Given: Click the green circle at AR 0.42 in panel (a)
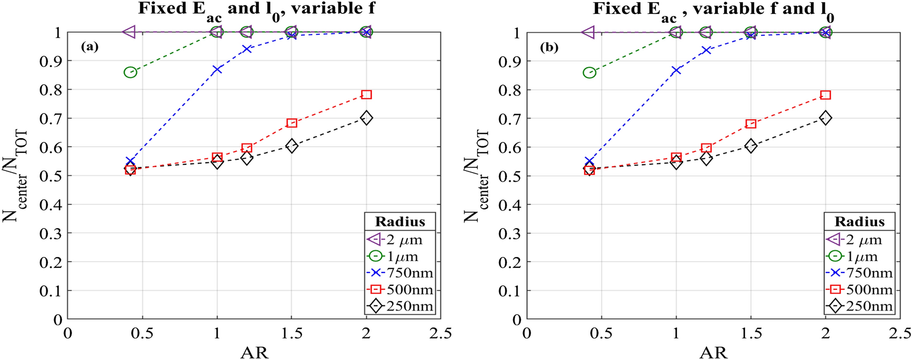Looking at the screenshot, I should [130, 72].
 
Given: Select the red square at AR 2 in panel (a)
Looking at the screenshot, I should [366, 94].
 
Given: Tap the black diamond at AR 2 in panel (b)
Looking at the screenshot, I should [825, 118].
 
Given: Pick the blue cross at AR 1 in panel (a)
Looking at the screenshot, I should [217, 69].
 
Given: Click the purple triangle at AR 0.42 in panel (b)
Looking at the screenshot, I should [588, 32].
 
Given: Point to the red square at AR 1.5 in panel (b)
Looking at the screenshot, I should [751, 124].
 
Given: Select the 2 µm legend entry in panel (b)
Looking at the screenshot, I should [859, 239].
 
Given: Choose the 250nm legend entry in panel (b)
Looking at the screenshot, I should [859, 306].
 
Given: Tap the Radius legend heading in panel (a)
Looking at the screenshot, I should [400, 221].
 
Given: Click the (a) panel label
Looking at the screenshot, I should [89, 47].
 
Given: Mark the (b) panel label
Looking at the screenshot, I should [549, 47].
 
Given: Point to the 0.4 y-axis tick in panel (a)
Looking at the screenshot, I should [50, 204].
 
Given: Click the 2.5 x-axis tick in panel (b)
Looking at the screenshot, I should [900, 333].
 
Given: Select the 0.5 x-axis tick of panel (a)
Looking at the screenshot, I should [142, 333].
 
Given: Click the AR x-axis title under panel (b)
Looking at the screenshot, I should [713, 352].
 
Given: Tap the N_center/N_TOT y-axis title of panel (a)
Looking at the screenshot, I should [15, 175].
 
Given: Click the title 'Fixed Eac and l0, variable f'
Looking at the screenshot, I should [257, 9].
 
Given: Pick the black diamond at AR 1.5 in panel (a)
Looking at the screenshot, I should [292, 146].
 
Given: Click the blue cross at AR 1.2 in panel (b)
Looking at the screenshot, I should [706, 50].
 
